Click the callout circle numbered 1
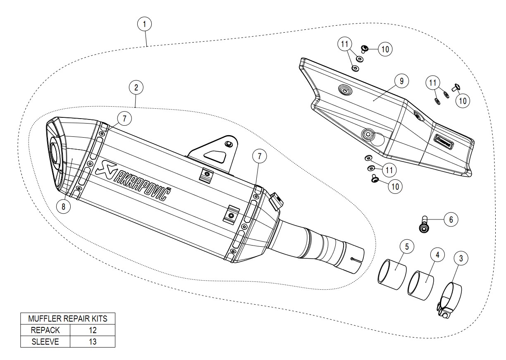144,24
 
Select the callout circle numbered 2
136,87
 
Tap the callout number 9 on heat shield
401,81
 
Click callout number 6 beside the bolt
451,219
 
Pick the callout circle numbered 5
407,247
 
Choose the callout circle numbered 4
437,255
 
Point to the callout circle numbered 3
461,259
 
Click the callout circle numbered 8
63,207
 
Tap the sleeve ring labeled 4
421,284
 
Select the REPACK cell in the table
45,330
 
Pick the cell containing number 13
93,341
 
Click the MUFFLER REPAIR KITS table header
68,318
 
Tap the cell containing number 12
93,330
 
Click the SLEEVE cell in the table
45,341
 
